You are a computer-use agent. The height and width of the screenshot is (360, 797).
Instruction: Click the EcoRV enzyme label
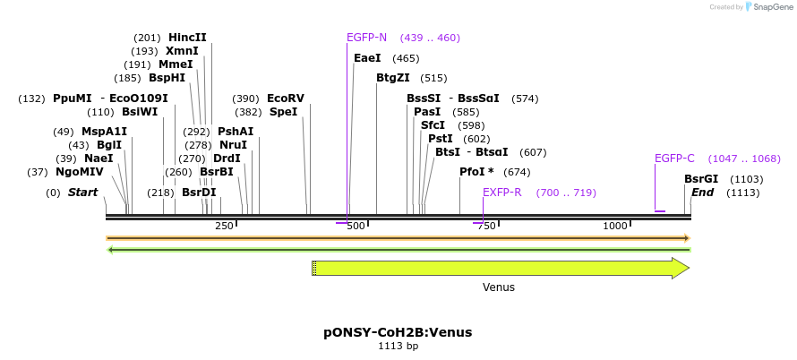pyautogui.click(x=286, y=99)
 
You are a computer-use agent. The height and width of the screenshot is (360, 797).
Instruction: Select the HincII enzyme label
pyautogui.click(x=187, y=38)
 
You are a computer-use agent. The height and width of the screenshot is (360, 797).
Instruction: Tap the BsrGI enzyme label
pyautogui.click(x=701, y=179)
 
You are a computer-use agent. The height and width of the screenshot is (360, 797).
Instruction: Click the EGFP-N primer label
pyautogui.click(x=366, y=38)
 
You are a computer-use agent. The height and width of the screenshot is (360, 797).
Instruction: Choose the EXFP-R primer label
pyautogui.click(x=501, y=193)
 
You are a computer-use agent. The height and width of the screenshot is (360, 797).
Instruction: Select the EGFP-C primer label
pyautogui.click(x=674, y=159)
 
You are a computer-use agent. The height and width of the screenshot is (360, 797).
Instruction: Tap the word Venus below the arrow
pyautogui.click(x=499, y=287)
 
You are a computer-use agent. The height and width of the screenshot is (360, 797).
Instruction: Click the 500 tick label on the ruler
pyautogui.click(x=356, y=226)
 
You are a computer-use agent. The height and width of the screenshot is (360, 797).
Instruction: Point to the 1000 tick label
pyautogui.click(x=614, y=226)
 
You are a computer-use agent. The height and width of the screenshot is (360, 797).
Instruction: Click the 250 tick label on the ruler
pyautogui.click(x=224, y=226)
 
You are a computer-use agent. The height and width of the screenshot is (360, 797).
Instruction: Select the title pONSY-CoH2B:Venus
pyautogui.click(x=398, y=332)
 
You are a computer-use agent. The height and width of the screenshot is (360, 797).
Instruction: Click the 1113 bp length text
pyautogui.click(x=398, y=346)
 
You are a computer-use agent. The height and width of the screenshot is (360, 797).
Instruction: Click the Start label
pyautogui.click(x=82, y=193)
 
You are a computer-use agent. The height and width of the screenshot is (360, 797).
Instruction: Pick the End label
pyautogui.click(x=702, y=193)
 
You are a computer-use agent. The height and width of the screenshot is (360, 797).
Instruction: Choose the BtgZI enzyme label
pyautogui.click(x=392, y=78)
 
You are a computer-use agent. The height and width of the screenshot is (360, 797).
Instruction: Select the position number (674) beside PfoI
pyautogui.click(x=518, y=172)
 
